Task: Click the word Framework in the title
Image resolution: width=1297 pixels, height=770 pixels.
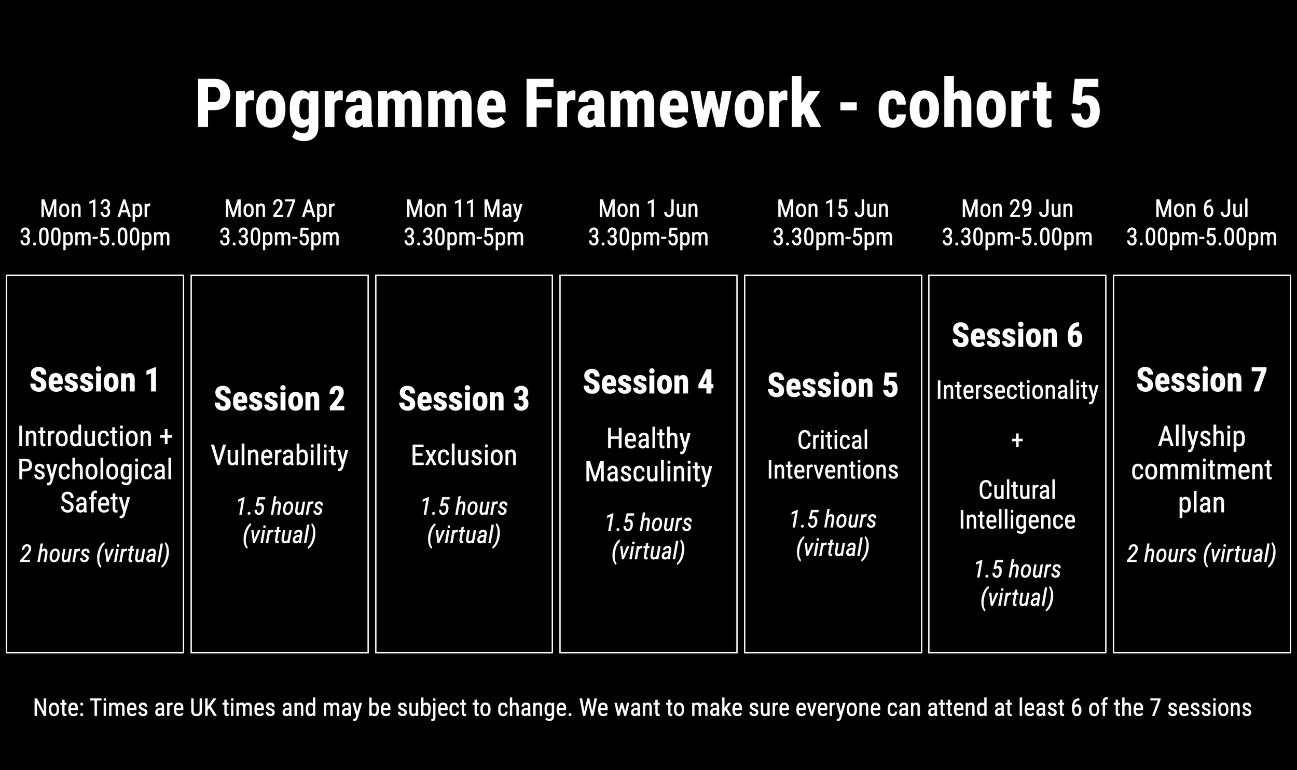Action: point(672,104)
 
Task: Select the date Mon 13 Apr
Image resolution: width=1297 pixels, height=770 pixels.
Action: point(95,209)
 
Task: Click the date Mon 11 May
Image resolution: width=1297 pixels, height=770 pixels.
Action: point(464,209)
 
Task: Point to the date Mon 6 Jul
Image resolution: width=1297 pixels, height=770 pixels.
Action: point(1202,209)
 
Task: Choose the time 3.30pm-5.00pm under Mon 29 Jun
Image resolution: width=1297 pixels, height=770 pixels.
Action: point(1017,238)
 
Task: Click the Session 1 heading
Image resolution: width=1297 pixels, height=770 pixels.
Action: point(94,380)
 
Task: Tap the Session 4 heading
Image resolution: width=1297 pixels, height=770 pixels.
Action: point(648,382)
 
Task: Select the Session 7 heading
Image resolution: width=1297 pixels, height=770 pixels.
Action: point(1202,380)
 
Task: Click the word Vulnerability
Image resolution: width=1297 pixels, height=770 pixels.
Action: point(279,456)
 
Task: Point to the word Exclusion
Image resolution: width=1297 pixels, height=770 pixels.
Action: point(464,456)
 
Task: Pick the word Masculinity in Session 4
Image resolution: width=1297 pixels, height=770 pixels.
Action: point(648,472)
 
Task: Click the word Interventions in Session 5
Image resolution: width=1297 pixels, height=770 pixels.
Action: point(833,470)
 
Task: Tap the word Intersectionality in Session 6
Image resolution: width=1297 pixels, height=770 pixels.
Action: point(1017,390)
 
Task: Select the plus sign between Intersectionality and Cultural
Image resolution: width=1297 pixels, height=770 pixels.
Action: point(1017,441)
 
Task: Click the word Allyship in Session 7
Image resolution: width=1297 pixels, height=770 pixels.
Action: point(1202,437)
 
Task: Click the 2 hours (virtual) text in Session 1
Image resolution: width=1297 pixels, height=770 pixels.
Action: point(95,554)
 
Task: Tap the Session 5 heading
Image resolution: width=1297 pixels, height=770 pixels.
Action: point(833,386)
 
